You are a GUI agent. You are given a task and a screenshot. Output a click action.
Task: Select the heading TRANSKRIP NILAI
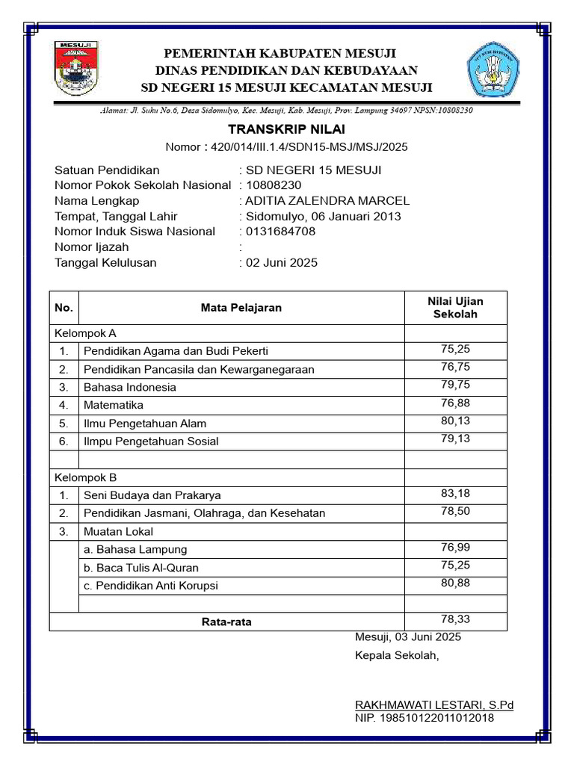click(x=287, y=130)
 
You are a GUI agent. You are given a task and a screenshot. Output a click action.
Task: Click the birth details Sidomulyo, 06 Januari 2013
click(x=323, y=216)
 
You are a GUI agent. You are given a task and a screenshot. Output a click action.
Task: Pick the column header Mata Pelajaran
click(x=241, y=308)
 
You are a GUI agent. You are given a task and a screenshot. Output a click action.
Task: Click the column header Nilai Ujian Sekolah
click(x=455, y=307)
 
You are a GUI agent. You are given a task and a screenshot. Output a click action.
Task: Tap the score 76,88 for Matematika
click(x=455, y=403)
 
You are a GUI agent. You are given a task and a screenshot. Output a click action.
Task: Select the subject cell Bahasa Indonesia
click(x=130, y=387)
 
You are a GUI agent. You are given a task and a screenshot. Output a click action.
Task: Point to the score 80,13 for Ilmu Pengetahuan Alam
click(x=455, y=421)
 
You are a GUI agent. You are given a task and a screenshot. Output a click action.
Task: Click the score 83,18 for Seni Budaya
click(x=455, y=493)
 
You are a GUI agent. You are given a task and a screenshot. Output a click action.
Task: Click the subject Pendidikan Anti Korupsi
click(x=151, y=586)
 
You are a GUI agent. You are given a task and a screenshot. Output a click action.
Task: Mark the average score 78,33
click(x=455, y=619)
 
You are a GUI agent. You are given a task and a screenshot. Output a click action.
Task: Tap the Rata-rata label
click(x=226, y=622)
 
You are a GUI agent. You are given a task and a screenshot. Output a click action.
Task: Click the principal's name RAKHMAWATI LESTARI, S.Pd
click(x=434, y=704)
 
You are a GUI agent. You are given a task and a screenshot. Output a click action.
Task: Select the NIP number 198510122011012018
click(x=425, y=718)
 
